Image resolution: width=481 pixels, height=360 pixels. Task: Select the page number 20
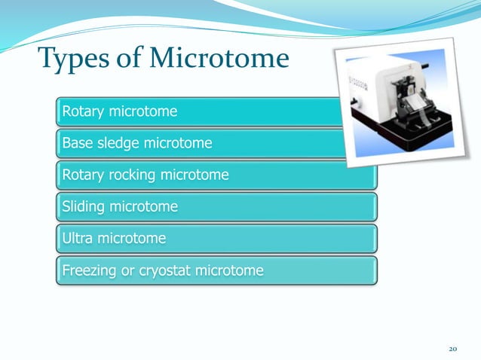453,349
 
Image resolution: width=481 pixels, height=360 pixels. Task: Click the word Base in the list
77,143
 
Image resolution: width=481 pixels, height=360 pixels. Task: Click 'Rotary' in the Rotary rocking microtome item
84,175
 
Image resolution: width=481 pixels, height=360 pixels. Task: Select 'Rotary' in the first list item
84,112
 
